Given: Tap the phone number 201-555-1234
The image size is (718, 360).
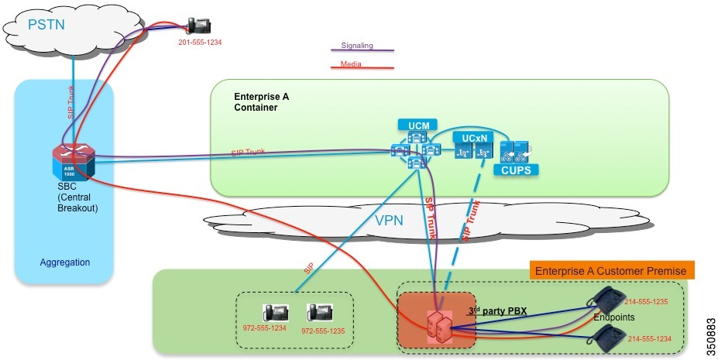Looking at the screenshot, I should point(200,42).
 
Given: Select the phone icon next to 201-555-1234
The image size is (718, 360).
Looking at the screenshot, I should point(199,25).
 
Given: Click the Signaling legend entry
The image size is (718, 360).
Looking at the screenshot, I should point(357,46).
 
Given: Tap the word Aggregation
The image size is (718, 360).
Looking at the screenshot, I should point(65,262).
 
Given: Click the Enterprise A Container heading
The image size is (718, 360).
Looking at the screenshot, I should point(261,102).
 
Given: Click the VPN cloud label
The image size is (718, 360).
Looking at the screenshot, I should point(389,220).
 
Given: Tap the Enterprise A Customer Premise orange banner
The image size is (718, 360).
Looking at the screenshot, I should point(612,270).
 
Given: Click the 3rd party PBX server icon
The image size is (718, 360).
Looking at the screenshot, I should point(439,327).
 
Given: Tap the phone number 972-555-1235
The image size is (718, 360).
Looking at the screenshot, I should point(322,330).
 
